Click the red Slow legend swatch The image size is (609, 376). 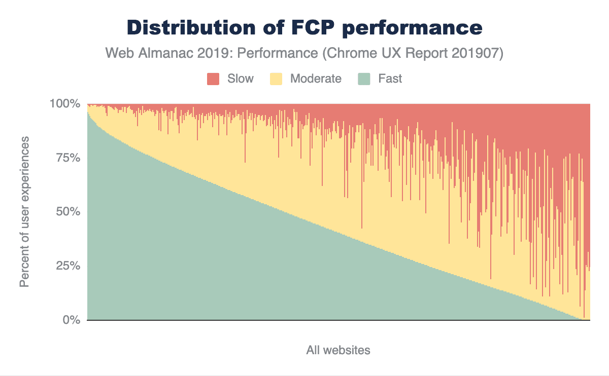pos(213,79)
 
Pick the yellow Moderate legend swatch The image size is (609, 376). pos(276,79)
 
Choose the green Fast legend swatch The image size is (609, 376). pos(364,79)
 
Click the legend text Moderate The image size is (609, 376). pos(316,79)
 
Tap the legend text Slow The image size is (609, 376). pos(241,79)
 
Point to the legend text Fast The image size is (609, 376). pos(390,79)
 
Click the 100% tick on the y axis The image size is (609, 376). pos(65,104)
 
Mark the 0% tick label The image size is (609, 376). pos(72,320)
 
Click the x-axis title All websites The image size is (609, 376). pos(338,350)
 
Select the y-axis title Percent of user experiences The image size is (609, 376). pos(24,211)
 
